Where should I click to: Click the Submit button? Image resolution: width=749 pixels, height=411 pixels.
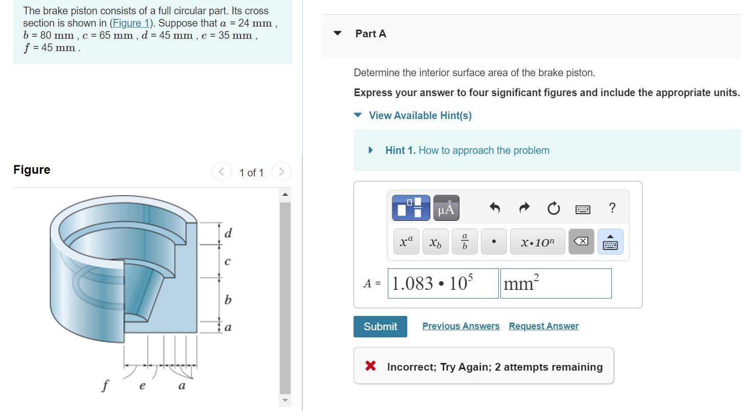pyautogui.click(x=380, y=327)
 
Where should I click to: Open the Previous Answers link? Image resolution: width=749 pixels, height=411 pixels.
pyautogui.click(x=460, y=326)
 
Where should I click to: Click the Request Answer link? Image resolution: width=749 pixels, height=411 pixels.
pyautogui.click(x=543, y=326)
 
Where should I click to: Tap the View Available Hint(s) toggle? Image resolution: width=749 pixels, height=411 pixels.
pyautogui.click(x=420, y=116)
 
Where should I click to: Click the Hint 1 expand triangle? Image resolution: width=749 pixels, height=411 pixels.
pyautogui.click(x=371, y=150)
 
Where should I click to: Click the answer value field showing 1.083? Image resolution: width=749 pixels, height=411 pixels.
pyautogui.click(x=443, y=283)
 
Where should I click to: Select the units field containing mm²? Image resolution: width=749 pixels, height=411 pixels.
pyautogui.click(x=556, y=283)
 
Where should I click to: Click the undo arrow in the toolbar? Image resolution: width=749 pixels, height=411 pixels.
pyautogui.click(x=494, y=208)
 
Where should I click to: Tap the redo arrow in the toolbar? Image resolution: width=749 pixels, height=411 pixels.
pyautogui.click(x=524, y=208)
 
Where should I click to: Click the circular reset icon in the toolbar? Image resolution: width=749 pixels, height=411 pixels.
pyautogui.click(x=553, y=209)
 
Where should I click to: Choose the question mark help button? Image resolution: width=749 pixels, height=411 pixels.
pyautogui.click(x=612, y=208)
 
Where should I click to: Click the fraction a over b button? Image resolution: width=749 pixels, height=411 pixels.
pyautogui.click(x=465, y=242)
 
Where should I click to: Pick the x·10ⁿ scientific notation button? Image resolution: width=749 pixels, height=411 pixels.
pyautogui.click(x=537, y=242)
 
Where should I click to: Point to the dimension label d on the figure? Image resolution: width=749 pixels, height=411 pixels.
pyautogui.click(x=228, y=233)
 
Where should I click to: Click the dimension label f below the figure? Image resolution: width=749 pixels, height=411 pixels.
pyautogui.click(x=105, y=385)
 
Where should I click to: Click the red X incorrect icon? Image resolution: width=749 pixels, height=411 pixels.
pyautogui.click(x=370, y=366)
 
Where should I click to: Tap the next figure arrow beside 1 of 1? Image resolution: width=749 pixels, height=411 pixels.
pyautogui.click(x=281, y=172)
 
